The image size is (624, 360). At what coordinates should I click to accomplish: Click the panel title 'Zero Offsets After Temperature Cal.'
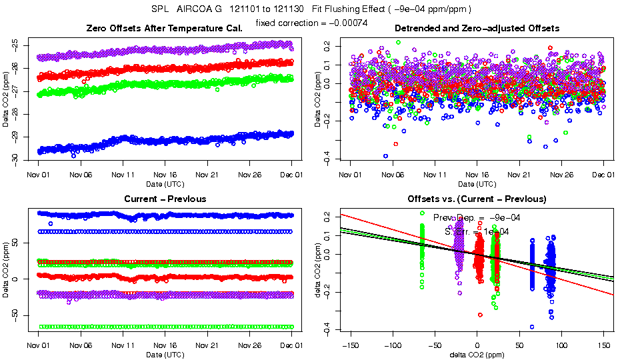[165, 29]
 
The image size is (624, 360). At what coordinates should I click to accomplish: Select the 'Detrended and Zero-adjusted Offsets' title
[477, 29]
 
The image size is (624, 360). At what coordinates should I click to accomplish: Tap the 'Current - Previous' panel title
[165, 199]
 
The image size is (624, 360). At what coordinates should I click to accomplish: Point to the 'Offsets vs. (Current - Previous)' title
[477, 199]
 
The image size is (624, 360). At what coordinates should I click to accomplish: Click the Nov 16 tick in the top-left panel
[165, 175]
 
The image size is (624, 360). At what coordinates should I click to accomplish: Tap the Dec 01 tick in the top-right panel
[603, 175]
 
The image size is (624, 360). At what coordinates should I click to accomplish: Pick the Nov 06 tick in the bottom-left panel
[81, 345]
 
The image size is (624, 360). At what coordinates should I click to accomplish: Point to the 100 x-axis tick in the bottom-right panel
[561, 345]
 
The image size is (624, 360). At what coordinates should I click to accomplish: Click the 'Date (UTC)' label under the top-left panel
[165, 183]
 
